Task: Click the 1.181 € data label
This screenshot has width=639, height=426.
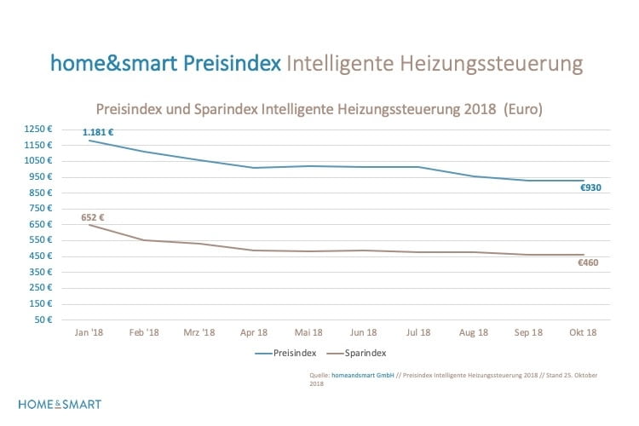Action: point(98,132)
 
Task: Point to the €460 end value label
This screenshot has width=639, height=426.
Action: point(588,262)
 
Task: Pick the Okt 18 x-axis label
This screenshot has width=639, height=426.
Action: point(583,332)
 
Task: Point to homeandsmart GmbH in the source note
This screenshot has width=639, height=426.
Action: point(364,373)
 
